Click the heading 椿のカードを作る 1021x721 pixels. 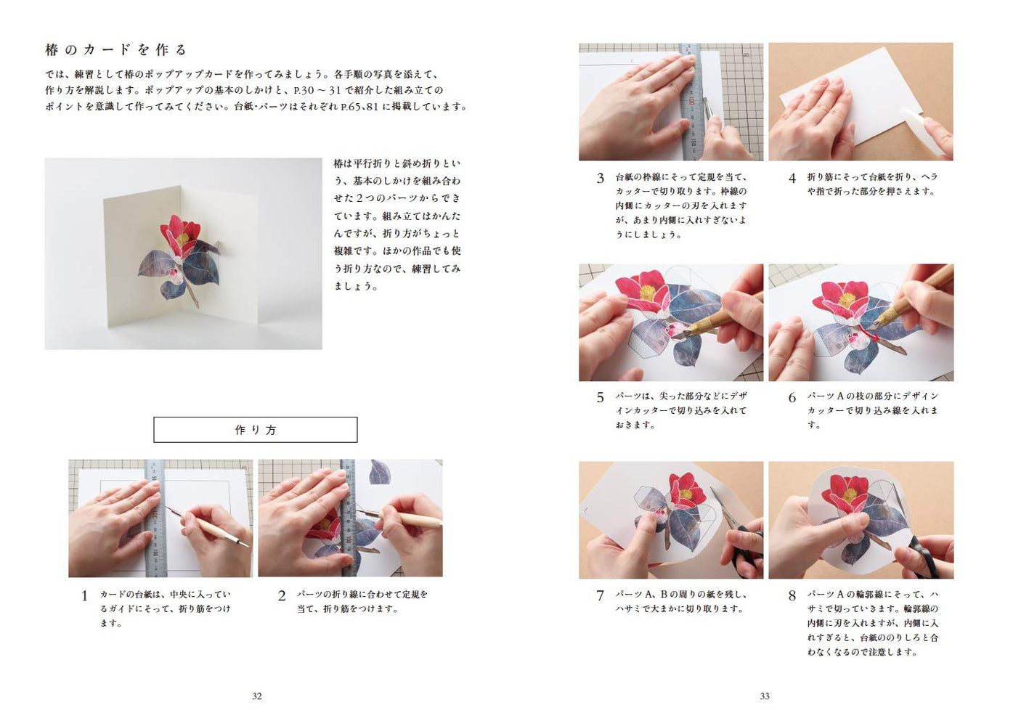point(115,49)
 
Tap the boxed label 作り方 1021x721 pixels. point(256,430)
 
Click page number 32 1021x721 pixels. point(256,696)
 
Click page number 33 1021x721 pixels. point(765,696)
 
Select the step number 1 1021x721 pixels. point(84,595)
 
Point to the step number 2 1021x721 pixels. point(282,595)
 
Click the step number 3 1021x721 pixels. point(601,178)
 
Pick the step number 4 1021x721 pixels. point(792,178)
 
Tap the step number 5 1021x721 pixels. point(601,397)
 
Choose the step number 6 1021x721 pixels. point(792,397)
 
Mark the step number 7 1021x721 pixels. point(601,595)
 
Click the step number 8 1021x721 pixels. point(792,595)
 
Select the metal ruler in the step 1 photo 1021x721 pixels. point(155,518)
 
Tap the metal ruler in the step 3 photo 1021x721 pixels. point(691,102)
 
